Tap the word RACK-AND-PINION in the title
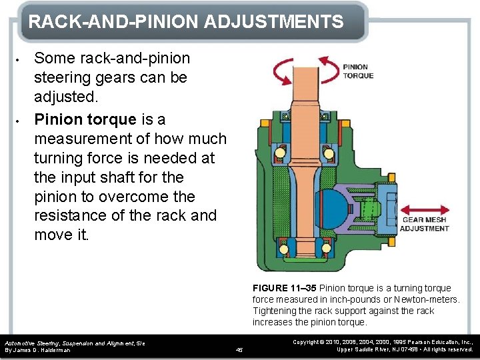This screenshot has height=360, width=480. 114,22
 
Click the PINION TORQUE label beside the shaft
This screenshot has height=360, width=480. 358,71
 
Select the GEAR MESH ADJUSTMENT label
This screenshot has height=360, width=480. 425,224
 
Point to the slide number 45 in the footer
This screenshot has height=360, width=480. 239,349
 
